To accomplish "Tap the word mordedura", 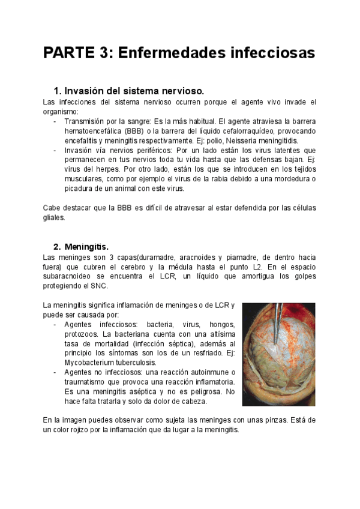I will [x=290, y=179].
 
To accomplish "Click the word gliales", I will [x=54, y=217].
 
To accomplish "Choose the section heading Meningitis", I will [x=86, y=247].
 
